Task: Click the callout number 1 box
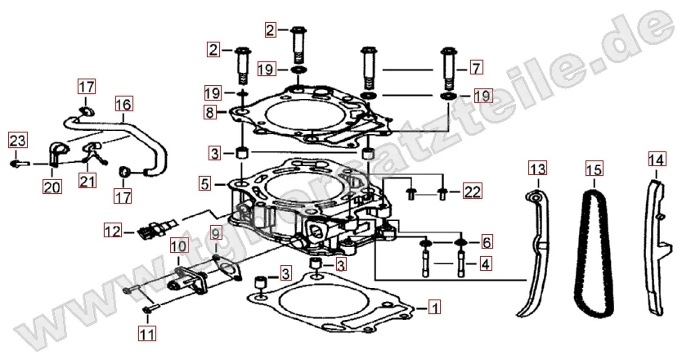pyautogui.click(x=435, y=308)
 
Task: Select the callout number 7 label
pyautogui.click(x=477, y=67)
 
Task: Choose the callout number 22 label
pyautogui.click(x=473, y=193)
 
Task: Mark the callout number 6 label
pyautogui.click(x=486, y=242)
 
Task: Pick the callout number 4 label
pyautogui.click(x=486, y=264)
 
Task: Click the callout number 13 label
pyautogui.click(x=536, y=169)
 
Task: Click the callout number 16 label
pyautogui.click(x=123, y=105)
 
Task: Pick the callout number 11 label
pyautogui.click(x=146, y=333)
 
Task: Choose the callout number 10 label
pyautogui.click(x=178, y=245)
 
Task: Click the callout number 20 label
pyautogui.click(x=52, y=187)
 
